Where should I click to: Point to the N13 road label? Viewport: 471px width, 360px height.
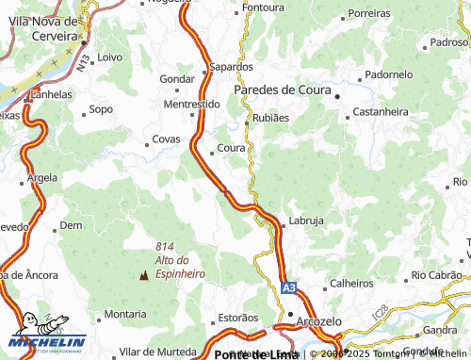pos(86,62)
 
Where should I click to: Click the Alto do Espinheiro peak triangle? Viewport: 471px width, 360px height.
pos(144,276)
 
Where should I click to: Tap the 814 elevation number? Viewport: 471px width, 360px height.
pos(167,247)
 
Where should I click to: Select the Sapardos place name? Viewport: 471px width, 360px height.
pos(231,68)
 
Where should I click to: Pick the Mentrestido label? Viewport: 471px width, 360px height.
pos(191,105)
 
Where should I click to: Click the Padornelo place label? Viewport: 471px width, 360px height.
pos(389,74)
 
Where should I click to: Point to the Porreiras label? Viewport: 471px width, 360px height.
pos(369,14)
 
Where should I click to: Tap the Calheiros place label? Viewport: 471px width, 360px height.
pos(351,284)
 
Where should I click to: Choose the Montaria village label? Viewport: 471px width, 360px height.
pos(124,314)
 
